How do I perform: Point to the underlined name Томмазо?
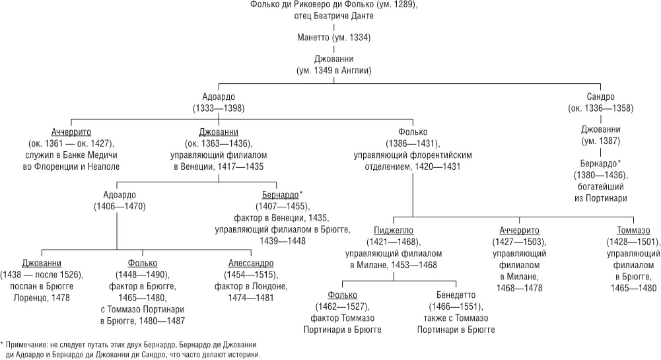click(x=633, y=230)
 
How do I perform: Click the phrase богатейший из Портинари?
click(x=600, y=192)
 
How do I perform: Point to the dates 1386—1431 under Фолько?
click(x=413, y=143)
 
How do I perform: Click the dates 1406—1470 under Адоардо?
click(x=120, y=206)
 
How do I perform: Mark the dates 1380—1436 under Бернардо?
click(x=600, y=175)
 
